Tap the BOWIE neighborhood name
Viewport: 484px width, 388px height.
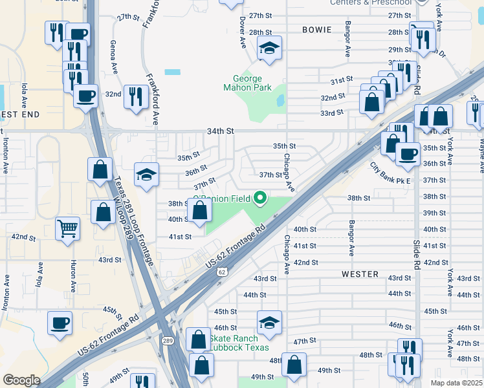(316, 30)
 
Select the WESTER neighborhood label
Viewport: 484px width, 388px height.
(360, 274)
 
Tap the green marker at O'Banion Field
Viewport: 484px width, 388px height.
(261, 197)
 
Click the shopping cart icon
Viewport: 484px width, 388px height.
(67, 228)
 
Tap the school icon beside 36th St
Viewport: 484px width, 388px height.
(146, 175)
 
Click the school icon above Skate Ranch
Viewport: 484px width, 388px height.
(269, 322)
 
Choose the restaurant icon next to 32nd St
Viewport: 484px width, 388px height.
(136, 98)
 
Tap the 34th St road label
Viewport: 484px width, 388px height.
(220, 131)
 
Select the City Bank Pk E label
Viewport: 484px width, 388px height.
(390, 175)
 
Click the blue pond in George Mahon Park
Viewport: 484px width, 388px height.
(280, 101)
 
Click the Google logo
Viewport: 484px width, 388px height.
(21, 380)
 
